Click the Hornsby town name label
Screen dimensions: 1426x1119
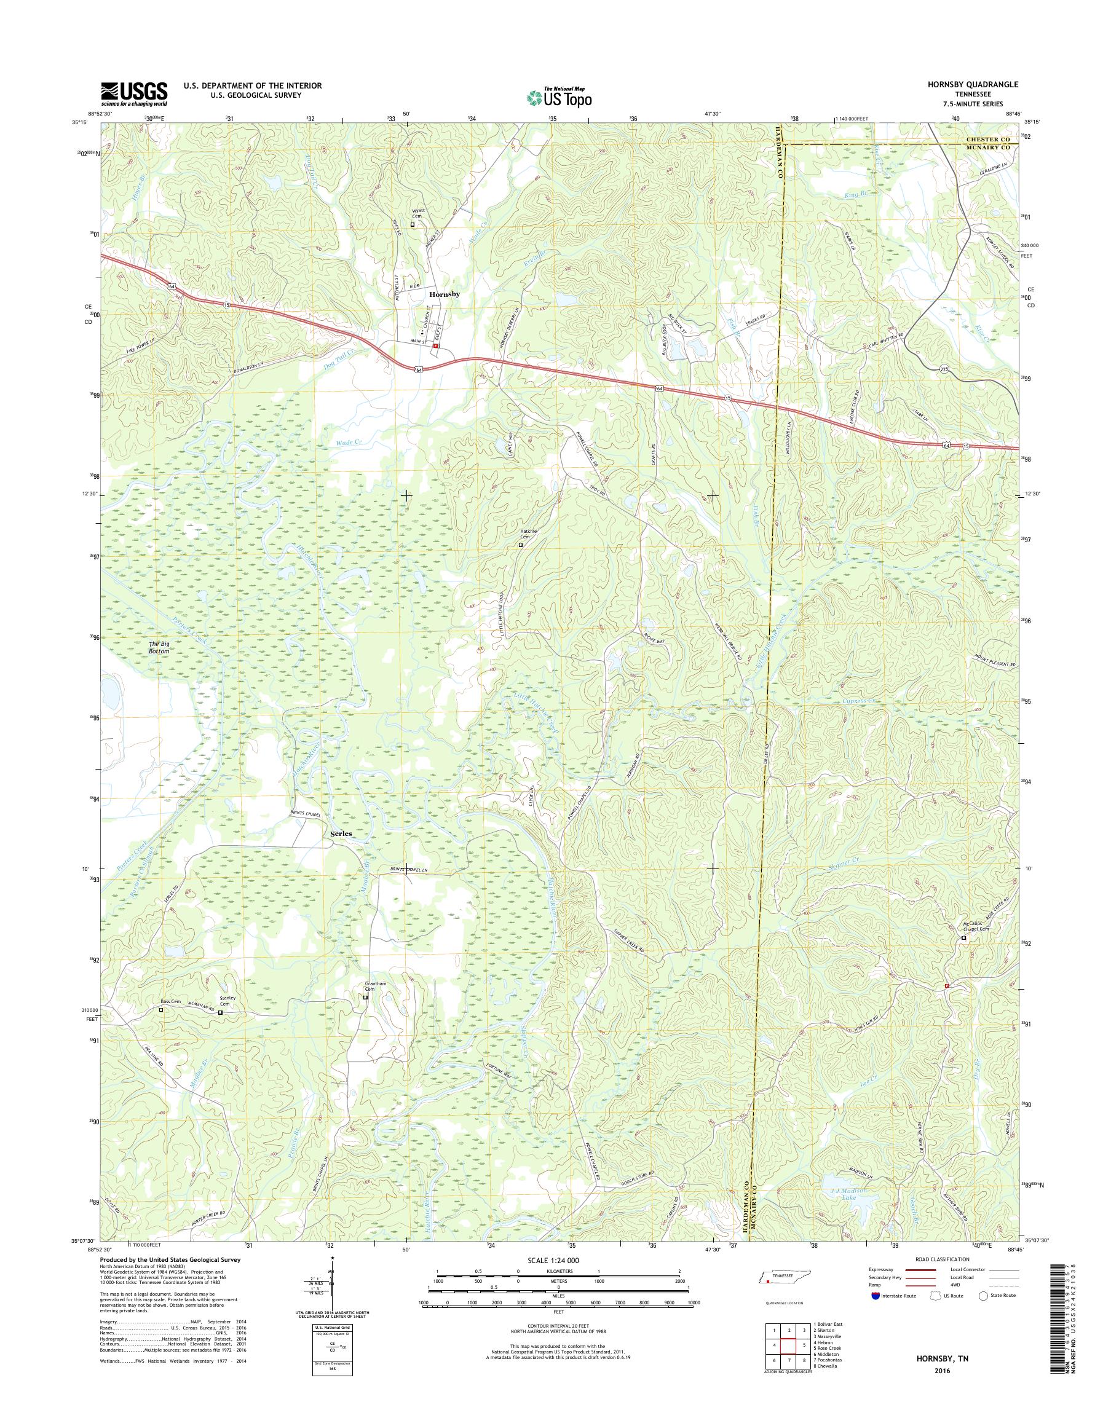(x=444, y=295)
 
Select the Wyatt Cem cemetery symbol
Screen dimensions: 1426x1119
(x=413, y=224)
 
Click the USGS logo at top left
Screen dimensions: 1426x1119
(x=133, y=93)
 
